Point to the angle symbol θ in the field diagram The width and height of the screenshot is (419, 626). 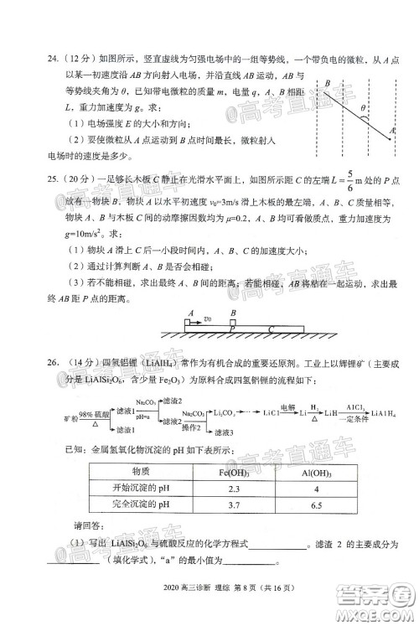[363, 109]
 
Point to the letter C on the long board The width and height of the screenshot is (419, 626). [271, 329]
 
